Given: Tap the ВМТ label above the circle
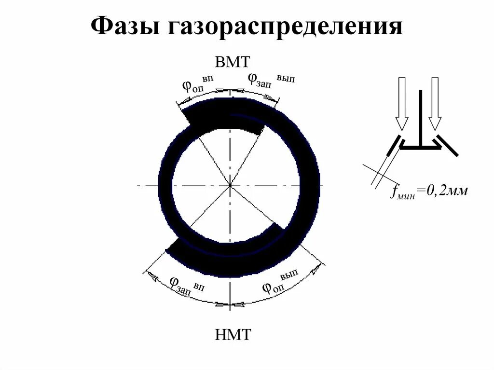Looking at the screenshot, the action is pyautogui.click(x=233, y=62).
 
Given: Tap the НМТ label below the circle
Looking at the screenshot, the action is pyautogui.click(x=233, y=334).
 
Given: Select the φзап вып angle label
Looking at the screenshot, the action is pyautogui.click(x=270, y=80).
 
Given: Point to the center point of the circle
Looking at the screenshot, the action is pyautogui.click(x=230, y=185).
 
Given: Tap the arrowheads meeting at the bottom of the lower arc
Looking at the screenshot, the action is pyautogui.click(x=230, y=304).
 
